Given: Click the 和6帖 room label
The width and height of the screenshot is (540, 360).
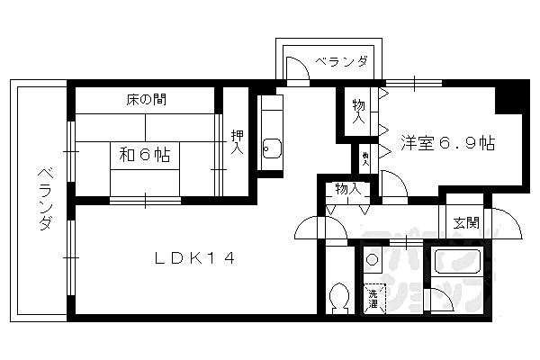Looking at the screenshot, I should click(x=144, y=155).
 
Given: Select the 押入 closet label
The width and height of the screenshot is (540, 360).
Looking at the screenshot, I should click(x=236, y=142).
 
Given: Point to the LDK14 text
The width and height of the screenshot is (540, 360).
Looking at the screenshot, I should click(x=195, y=259).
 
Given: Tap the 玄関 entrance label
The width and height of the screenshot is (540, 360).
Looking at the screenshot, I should click(x=465, y=223).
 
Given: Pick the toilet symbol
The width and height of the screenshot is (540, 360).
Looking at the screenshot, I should click(x=339, y=297).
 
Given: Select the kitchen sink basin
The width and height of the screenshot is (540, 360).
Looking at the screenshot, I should click(x=271, y=149).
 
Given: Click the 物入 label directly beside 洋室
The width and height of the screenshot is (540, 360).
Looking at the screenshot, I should click(x=358, y=111).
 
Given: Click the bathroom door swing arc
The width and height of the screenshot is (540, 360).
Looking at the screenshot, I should click(x=437, y=299).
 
